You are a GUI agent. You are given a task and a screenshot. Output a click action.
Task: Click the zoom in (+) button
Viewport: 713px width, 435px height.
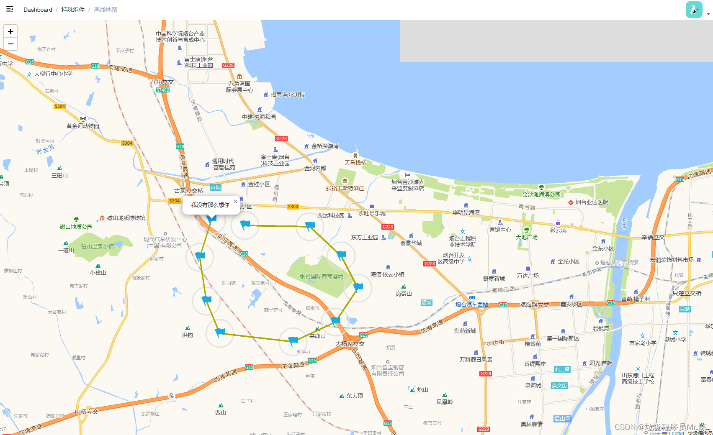click(x=10, y=31)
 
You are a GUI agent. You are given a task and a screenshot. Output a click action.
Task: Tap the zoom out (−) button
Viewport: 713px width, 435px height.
click(x=10, y=44)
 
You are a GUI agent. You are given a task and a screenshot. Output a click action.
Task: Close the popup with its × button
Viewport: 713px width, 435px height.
click(x=235, y=201)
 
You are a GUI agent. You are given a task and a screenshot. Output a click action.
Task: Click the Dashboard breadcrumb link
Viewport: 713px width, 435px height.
click(x=38, y=10)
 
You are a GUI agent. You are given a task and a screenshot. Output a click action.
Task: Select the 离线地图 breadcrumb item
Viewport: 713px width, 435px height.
click(x=106, y=10)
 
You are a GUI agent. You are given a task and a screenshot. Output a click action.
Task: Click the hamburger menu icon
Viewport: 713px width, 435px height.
click(x=10, y=9)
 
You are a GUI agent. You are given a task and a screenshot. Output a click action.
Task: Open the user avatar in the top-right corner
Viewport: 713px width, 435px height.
click(x=694, y=10)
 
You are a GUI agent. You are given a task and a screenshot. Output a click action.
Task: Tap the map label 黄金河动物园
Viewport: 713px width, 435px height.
click(x=83, y=126)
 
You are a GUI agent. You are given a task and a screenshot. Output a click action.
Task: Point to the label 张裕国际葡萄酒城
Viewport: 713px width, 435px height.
click(x=321, y=276)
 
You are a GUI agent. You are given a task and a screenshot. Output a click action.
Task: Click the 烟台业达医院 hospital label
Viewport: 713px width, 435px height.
click(x=592, y=202)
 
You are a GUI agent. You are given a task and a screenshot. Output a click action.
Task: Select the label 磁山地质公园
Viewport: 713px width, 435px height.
click(x=76, y=227)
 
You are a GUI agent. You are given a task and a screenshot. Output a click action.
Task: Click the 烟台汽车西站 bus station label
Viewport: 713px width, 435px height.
click(x=472, y=304)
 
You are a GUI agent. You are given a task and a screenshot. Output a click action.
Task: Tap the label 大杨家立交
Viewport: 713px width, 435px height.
click(x=350, y=344)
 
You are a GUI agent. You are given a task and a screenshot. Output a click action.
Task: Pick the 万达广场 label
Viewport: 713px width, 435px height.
click(x=528, y=276)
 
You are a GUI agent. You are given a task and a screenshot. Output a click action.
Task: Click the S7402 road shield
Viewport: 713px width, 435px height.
click(x=162, y=90)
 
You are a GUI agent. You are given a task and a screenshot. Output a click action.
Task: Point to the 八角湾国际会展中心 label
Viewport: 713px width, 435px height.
click(x=239, y=87)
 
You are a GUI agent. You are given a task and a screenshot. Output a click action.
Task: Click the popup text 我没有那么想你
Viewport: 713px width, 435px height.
click(x=210, y=205)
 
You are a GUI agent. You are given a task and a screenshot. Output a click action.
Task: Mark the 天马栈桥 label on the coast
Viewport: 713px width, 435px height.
click(x=355, y=163)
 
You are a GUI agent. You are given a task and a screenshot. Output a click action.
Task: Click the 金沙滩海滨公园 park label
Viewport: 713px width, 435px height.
click(x=541, y=194)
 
